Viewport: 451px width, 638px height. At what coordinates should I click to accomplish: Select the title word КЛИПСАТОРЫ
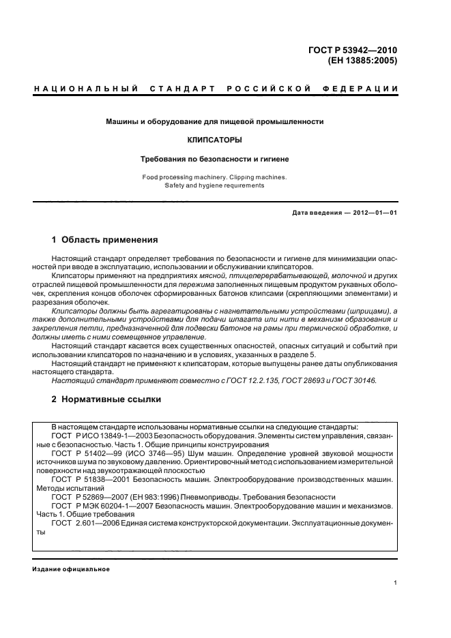click(x=214, y=140)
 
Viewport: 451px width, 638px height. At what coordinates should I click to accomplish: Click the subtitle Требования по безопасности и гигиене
click(x=214, y=159)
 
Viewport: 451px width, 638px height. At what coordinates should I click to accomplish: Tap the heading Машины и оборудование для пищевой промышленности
click(x=214, y=122)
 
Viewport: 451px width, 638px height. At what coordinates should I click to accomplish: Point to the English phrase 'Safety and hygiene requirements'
click(x=214, y=185)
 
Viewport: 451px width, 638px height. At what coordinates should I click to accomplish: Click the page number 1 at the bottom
click(x=396, y=582)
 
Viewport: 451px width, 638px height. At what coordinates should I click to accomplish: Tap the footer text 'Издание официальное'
click(x=71, y=568)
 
